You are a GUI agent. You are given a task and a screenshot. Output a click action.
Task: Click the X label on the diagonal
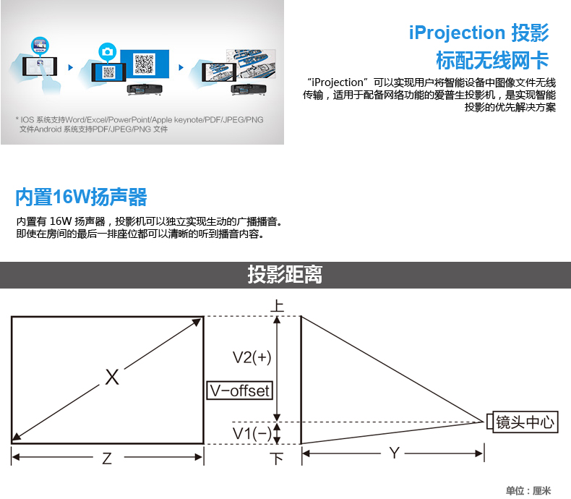click(x=112, y=377)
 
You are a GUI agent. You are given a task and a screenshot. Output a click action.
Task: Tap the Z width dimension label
click(x=107, y=459)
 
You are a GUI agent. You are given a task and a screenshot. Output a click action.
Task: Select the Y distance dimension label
click(x=394, y=453)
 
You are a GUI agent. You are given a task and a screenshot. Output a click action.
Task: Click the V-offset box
click(x=240, y=391)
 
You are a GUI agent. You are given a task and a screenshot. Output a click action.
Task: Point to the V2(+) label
click(x=252, y=357)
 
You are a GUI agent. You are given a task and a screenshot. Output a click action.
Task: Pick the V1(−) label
click(x=252, y=433)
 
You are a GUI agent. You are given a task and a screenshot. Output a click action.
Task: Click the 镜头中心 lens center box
click(x=525, y=422)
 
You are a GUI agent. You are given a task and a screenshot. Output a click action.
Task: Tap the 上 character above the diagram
click(x=277, y=305)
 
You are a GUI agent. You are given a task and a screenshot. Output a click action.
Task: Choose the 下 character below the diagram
click(x=277, y=459)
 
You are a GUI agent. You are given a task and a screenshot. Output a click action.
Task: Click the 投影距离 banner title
click(x=285, y=274)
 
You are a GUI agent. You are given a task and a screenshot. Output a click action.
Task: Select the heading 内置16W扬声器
click(x=81, y=197)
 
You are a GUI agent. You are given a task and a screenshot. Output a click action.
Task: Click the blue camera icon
click(x=107, y=52)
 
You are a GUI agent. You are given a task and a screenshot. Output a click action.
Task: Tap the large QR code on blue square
click(x=145, y=64)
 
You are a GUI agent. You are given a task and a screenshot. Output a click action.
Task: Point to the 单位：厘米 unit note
click(x=528, y=490)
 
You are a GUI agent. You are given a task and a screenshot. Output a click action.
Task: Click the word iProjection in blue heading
click(x=457, y=33)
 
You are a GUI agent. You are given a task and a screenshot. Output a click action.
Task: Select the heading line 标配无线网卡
click(x=492, y=60)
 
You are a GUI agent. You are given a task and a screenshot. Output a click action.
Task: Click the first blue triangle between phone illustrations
click(x=71, y=67)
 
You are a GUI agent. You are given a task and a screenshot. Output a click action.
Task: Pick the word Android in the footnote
click(x=48, y=129)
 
